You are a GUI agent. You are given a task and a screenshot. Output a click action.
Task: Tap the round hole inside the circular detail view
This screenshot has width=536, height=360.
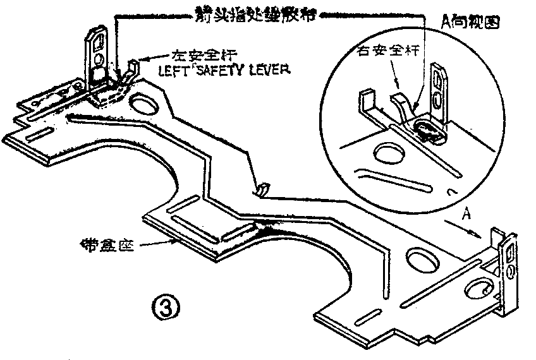pos(386,151)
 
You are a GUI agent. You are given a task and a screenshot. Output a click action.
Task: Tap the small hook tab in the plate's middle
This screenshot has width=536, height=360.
pos(261,188)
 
